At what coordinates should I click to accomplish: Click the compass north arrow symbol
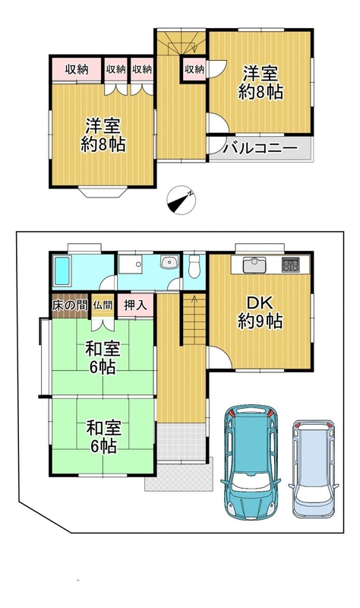pos(181,201)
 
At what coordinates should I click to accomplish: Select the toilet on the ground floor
pos(193,266)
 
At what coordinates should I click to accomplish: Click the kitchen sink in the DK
pos(254,265)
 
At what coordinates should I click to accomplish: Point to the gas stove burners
pos(290,264)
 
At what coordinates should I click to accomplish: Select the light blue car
pos(314,468)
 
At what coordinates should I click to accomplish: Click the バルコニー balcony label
pos(260,148)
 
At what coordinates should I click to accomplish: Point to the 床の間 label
pos(69,306)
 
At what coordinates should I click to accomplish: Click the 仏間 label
pos(103,306)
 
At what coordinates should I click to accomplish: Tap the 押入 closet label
pos(135,306)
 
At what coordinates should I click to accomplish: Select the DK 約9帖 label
pos(260,312)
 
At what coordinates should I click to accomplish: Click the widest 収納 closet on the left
pos(77,69)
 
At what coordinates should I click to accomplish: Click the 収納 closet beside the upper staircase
pos(194,69)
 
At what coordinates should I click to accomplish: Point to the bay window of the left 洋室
pos(103,192)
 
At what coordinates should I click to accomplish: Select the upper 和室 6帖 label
pos(103,357)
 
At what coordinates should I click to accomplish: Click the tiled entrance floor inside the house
pos(181,442)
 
